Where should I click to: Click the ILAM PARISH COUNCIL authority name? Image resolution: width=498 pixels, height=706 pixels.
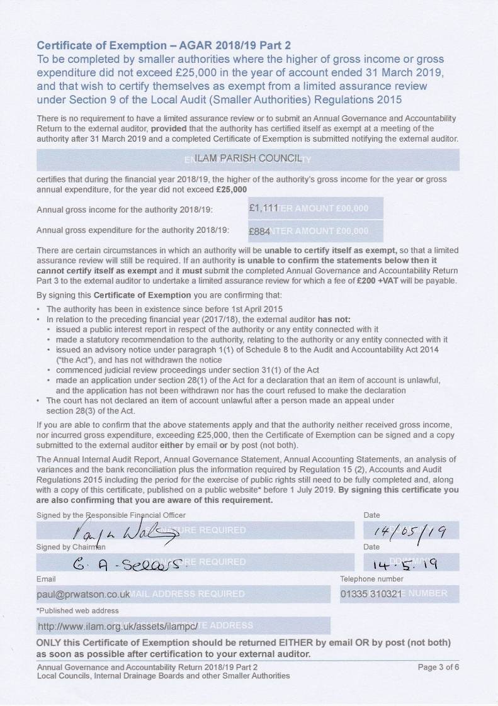[x=248, y=159]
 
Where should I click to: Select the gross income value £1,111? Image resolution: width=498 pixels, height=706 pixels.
[x=264, y=208]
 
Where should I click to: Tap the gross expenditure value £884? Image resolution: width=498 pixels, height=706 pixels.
[x=260, y=230]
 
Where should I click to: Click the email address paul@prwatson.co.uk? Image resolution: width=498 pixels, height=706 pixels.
[x=84, y=594]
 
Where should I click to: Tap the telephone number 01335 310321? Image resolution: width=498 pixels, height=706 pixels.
[x=371, y=594]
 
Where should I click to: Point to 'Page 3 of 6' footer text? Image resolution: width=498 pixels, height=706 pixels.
[x=438, y=667]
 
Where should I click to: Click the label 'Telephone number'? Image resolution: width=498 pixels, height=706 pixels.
[x=371, y=579]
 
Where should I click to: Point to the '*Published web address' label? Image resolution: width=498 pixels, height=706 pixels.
[x=77, y=610]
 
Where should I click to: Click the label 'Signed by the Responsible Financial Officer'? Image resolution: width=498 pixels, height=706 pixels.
[x=111, y=515]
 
